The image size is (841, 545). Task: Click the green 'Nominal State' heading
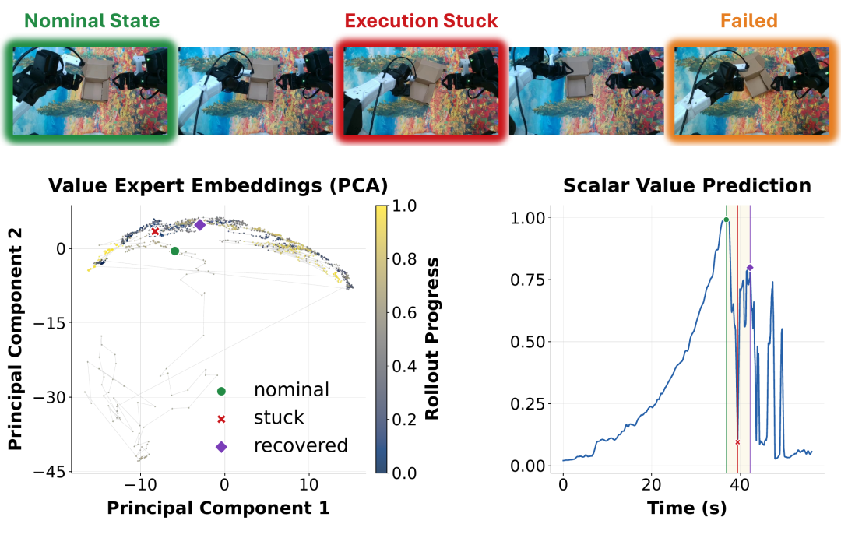pyautogui.click(x=92, y=21)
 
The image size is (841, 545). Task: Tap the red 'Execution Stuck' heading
pyautogui.click(x=421, y=21)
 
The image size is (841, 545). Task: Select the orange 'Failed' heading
pyautogui.click(x=749, y=21)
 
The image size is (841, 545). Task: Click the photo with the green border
pyautogui.click(x=90, y=91)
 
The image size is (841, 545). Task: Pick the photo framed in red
pyautogui.click(x=421, y=91)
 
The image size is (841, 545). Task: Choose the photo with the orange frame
pyautogui.click(x=751, y=91)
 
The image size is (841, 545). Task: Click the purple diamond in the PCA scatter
pyautogui.click(x=200, y=225)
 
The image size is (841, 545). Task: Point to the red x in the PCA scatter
pyautogui.click(x=155, y=231)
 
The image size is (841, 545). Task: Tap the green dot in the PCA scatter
pyautogui.click(x=175, y=251)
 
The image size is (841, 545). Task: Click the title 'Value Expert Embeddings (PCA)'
pyautogui.click(x=218, y=185)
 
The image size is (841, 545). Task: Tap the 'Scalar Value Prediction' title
pyautogui.click(x=687, y=185)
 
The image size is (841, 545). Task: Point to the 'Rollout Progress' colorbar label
pyautogui.click(x=431, y=339)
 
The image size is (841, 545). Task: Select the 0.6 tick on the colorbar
pyautogui.click(x=404, y=312)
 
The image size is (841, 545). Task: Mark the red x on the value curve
pyautogui.click(x=737, y=442)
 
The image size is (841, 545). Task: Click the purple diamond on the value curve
pyautogui.click(x=750, y=268)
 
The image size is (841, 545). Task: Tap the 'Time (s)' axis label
pyautogui.click(x=687, y=508)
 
